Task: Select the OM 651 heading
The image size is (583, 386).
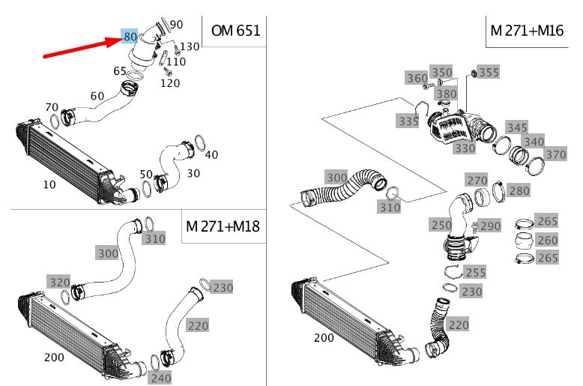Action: coord(235,31)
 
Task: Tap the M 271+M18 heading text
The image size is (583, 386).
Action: coord(223,226)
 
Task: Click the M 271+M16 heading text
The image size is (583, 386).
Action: coord(527,31)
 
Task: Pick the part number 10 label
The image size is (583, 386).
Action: coord(49,184)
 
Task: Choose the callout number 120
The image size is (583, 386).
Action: coord(170,83)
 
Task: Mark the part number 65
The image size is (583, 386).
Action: coord(120,71)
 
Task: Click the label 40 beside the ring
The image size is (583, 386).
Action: coord(211,155)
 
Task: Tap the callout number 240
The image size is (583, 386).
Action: coord(160,378)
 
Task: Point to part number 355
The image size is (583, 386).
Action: coord(489,73)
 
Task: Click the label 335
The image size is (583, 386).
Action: coord(408,121)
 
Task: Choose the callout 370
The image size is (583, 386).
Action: coord(555,154)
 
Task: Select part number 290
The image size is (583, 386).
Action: coord(490,226)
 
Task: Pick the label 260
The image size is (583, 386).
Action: coord(548,240)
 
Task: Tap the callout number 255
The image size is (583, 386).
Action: coord(475,273)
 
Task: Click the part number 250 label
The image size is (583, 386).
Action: coord(441,225)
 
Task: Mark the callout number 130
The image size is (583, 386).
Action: coord(190,46)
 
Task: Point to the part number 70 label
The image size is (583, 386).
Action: coord(52,106)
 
